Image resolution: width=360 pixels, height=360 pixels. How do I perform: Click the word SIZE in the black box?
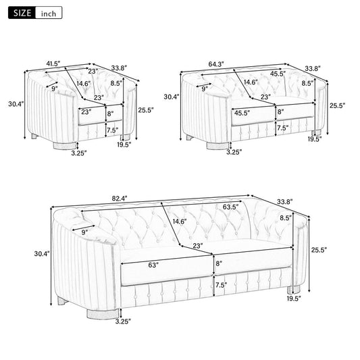pos(22,13)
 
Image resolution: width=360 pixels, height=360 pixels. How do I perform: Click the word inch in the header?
pos(49,14)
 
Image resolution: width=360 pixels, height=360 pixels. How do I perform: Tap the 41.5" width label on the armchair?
pos(53,63)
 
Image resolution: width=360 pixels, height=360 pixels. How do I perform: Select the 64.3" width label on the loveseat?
pos(216,64)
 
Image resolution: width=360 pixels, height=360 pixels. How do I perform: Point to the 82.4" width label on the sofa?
pos(120,198)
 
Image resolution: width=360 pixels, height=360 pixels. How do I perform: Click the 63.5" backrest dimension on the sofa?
pos(230,207)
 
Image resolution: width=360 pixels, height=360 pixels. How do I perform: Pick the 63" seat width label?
pos(153,265)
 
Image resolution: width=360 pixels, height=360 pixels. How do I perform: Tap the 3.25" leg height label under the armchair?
pos(79,153)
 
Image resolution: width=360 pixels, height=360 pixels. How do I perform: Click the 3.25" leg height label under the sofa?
pos(123,322)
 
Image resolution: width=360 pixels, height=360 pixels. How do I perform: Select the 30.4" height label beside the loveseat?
pos(172,97)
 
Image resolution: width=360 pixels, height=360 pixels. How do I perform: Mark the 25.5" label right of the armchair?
pos(146,110)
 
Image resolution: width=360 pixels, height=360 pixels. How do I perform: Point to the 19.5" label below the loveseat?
pos(315,139)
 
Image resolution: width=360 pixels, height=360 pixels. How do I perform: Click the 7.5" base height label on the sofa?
pos(221,285)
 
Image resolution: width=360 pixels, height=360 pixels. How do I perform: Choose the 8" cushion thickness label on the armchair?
pos(111,113)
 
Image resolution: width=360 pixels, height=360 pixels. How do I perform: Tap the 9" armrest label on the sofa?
pos(84,232)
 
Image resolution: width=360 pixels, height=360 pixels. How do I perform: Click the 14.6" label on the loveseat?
pos(251,82)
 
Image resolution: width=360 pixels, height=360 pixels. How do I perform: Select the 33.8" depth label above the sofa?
pos(285,202)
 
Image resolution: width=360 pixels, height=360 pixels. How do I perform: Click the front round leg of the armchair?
pos(65,146)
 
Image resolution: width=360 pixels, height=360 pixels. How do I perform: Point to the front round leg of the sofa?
pos(103,314)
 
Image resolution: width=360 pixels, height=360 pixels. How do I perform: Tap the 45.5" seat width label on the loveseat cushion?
pos(242,113)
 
